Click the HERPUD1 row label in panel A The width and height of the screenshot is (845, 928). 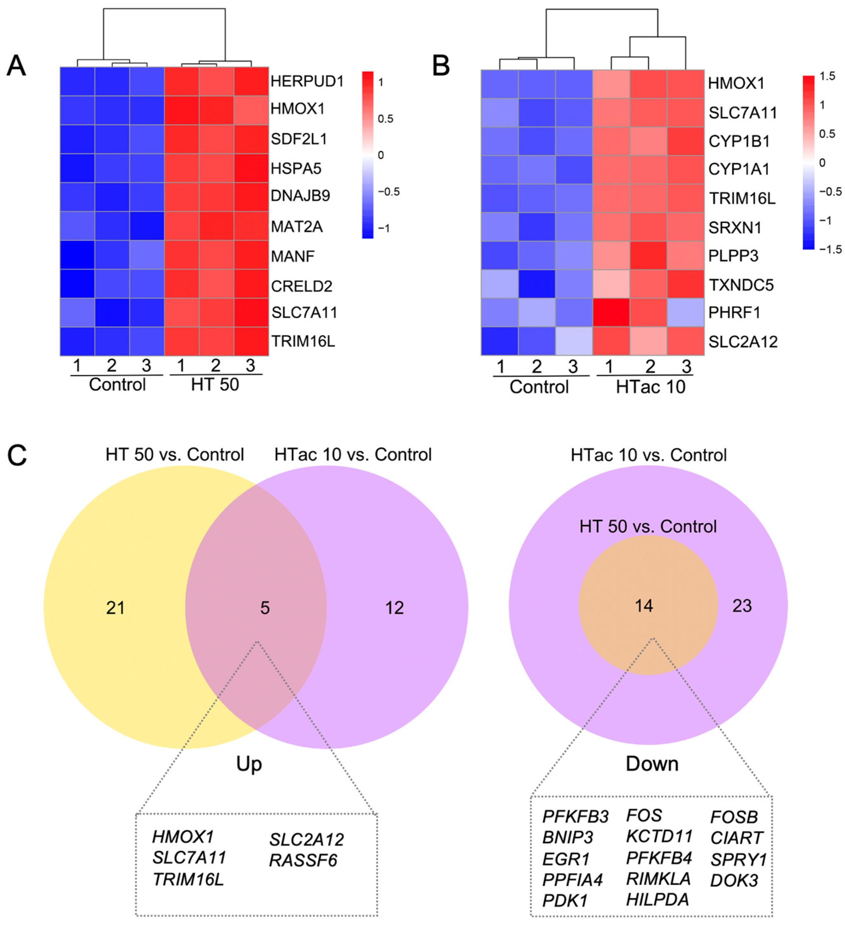click(307, 81)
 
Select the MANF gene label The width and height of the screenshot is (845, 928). click(292, 256)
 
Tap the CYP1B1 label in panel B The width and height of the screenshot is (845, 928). click(739, 141)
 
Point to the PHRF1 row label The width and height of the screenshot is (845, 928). click(734, 313)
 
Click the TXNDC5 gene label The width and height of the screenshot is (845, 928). click(741, 285)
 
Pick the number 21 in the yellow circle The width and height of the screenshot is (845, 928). click(115, 608)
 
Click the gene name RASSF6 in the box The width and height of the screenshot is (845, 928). click(303, 860)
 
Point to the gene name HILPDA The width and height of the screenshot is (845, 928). click(657, 899)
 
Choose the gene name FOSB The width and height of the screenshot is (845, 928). click(734, 817)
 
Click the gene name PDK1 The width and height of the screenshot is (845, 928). click(565, 900)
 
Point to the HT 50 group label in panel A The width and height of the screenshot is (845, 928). click(215, 385)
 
